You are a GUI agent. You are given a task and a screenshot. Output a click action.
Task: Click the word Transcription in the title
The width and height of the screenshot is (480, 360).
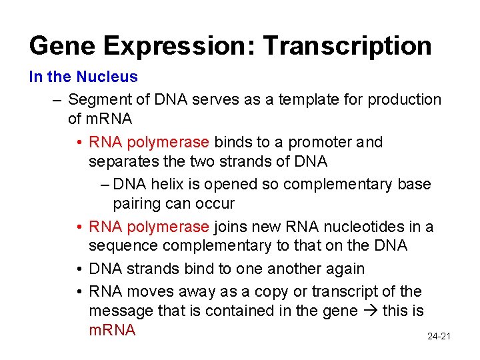[347, 46]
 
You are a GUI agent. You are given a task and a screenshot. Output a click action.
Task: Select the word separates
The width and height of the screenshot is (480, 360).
[121, 161]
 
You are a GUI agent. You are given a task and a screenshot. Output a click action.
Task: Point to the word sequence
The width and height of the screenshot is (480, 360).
[121, 246]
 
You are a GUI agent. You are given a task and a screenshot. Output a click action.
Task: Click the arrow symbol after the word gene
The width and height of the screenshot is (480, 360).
[371, 311]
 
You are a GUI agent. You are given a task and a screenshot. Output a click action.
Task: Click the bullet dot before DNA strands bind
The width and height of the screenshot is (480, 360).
[79, 269]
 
